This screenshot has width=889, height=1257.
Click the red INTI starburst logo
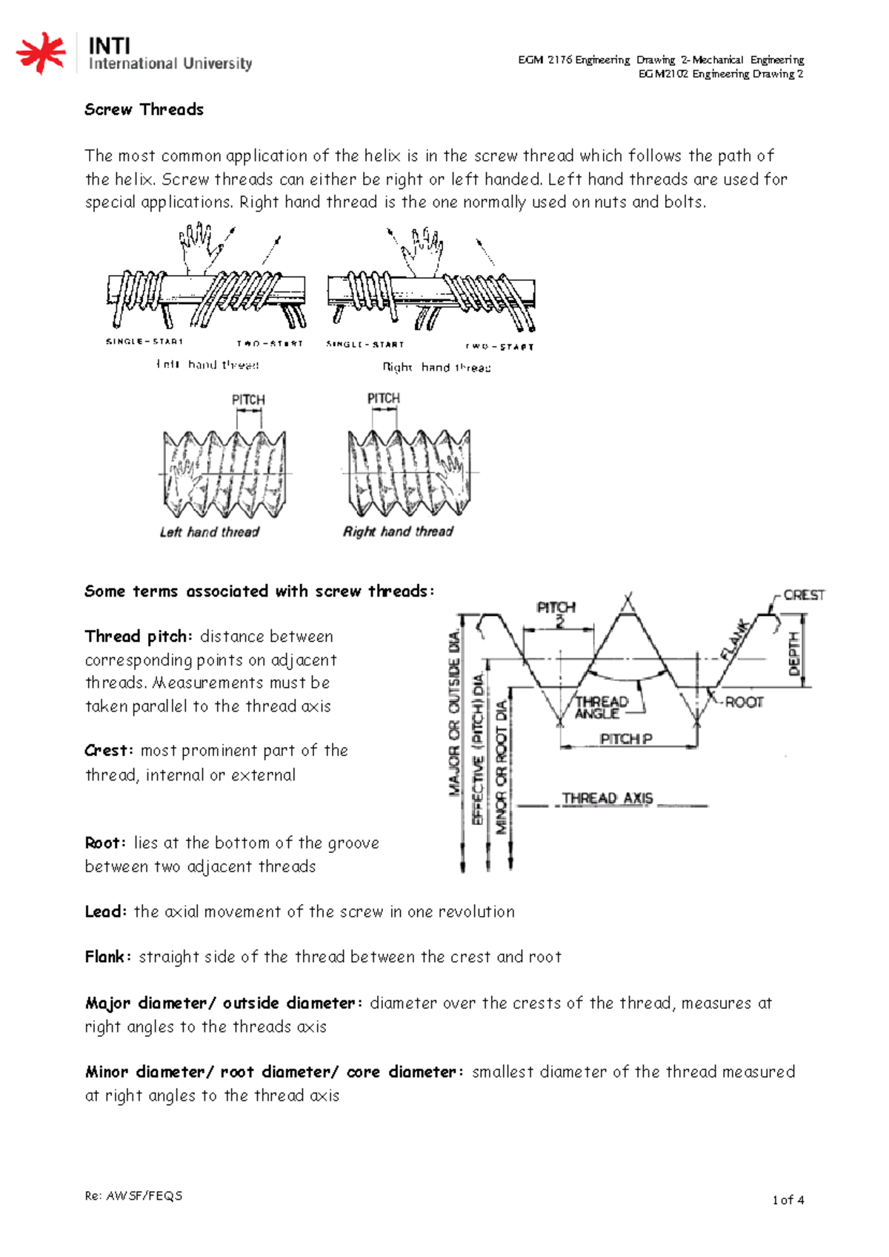click(41, 53)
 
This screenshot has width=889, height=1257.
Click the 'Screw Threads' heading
click(144, 110)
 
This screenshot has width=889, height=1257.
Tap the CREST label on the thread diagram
click(804, 595)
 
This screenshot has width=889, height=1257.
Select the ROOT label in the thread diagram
click(743, 702)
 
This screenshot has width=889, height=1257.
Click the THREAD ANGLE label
click(601, 707)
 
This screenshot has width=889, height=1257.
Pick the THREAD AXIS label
click(607, 798)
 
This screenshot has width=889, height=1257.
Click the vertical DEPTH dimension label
click(795, 653)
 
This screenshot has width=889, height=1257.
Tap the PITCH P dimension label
click(625, 739)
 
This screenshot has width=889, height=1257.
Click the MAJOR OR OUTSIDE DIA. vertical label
click(454, 713)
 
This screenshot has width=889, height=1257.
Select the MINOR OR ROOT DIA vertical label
click(502, 767)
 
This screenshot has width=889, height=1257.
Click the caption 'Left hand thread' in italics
click(210, 532)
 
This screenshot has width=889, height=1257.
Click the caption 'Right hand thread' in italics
click(398, 531)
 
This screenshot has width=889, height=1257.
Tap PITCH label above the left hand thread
click(248, 399)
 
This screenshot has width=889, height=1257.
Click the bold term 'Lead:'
click(106, 912)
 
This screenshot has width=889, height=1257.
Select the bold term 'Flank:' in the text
click(108, 957)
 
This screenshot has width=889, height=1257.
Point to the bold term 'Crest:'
click(109, 751)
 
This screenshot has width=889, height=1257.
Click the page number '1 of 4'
click(788, 1199)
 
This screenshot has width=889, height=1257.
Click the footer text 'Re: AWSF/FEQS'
click(133, 1195)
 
